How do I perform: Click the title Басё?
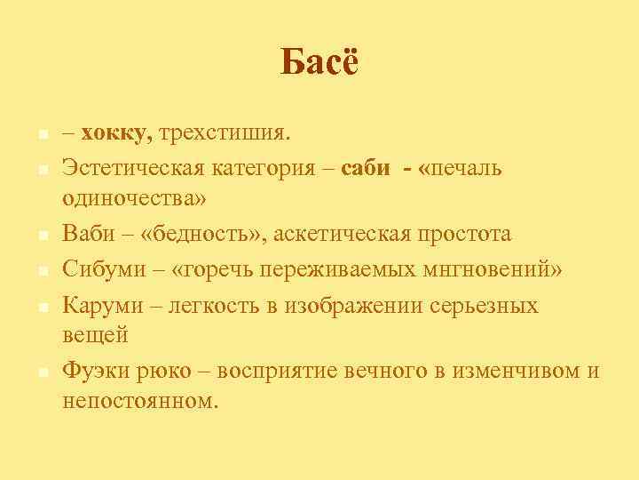point(319,63)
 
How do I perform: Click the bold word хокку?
point(114,134)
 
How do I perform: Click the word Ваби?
point(87,234)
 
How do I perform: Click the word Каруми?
point(98,305)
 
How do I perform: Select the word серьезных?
point(484,305)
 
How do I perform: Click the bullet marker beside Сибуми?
point(42,270)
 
